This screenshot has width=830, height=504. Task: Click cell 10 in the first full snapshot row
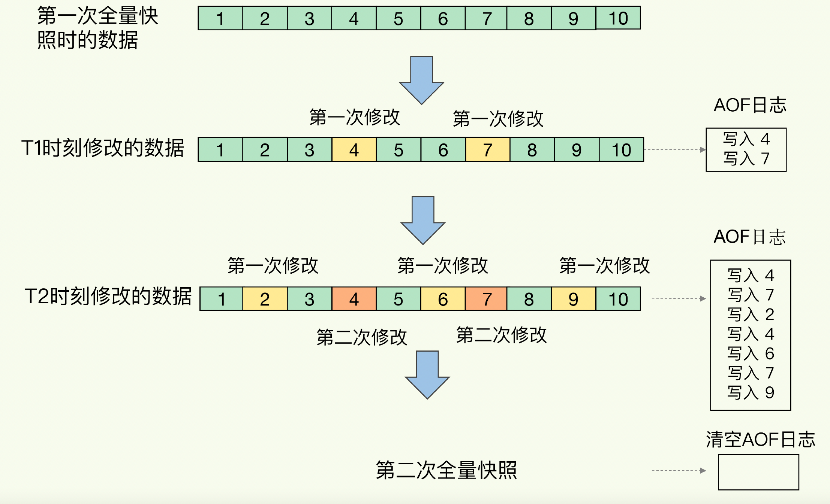(618, 18)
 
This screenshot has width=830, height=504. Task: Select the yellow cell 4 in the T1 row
(354, 150)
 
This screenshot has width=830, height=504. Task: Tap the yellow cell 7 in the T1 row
(487, 150)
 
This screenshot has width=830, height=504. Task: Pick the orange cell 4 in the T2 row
(354, 299)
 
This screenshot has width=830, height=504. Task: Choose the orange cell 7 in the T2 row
(486, 299)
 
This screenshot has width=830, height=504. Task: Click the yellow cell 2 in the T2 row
(265, 299)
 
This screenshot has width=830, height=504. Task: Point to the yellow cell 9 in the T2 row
(573, 299)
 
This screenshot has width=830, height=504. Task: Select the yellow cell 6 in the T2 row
(443, 299)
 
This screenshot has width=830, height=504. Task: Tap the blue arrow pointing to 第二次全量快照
(427, 374)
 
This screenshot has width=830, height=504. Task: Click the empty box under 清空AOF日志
(758, 472)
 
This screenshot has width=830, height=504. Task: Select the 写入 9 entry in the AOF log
(751, 392)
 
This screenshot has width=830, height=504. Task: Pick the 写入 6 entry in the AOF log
(751, 353)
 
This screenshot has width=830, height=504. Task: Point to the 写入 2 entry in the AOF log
(751, 315)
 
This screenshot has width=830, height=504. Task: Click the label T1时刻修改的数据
(103, 148)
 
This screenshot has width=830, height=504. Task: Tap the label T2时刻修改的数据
(108, 297)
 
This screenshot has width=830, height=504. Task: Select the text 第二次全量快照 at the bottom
(446, 470)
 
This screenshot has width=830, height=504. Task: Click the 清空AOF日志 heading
(760, 439)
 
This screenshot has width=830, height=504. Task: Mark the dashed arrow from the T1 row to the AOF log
(674, 150)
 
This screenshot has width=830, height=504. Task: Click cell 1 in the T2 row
(222, 299)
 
